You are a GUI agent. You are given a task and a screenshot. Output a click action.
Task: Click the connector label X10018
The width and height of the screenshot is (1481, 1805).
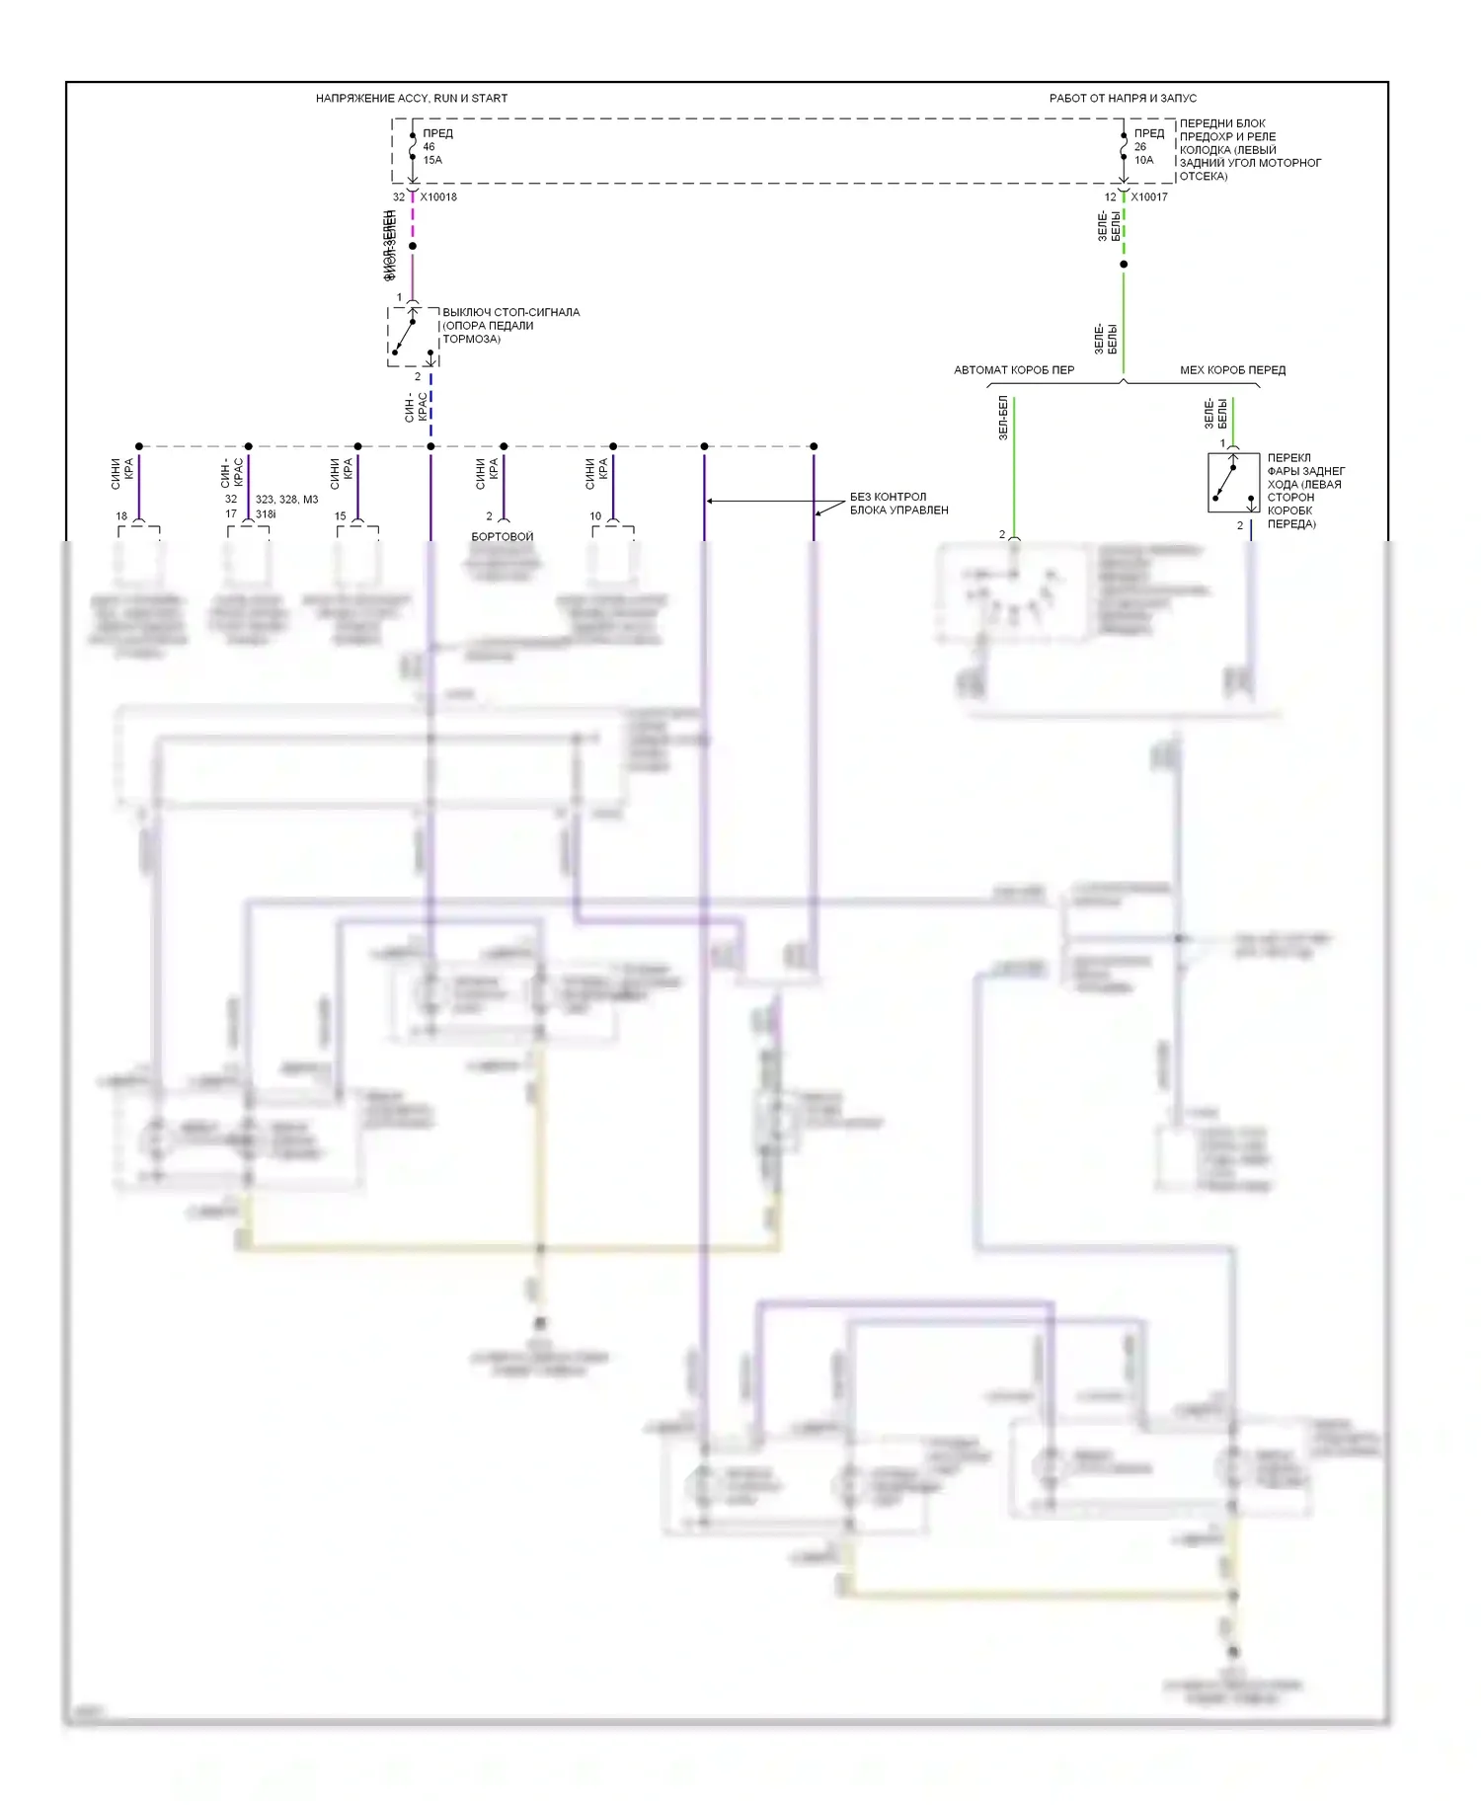(438, 196)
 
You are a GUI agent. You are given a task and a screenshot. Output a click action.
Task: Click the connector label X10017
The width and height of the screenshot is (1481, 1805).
(1149, 196)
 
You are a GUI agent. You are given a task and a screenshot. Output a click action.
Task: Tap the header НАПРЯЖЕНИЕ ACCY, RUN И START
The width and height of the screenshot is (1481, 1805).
(412, 98)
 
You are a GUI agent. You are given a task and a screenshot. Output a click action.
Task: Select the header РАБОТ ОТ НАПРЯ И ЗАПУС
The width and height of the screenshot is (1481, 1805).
(1123, 98)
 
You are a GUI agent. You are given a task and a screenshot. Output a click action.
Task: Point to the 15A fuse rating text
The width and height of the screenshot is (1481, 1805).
(432, 160)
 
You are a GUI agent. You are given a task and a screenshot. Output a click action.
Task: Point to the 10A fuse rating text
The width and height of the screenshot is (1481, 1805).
(1143, 160)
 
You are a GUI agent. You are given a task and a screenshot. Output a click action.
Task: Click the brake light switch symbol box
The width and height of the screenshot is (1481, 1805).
(413, 337)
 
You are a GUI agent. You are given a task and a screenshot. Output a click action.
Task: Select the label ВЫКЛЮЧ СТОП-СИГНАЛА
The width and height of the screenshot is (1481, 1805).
(510, 312)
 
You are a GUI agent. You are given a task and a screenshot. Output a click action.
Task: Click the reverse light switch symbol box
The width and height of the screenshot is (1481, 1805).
(1233, 482)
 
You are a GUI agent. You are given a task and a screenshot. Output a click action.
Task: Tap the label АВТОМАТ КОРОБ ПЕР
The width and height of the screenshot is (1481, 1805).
(1014, 370)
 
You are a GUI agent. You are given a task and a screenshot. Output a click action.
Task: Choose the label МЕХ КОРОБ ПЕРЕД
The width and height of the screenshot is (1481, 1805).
(1232, 370)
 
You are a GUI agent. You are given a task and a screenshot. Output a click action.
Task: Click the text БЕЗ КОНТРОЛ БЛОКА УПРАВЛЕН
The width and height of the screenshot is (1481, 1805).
(898, 504)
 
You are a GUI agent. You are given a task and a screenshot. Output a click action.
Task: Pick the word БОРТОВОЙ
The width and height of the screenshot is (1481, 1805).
(503, 536)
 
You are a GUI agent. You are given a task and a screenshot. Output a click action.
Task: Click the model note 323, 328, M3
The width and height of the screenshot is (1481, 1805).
(286, 500)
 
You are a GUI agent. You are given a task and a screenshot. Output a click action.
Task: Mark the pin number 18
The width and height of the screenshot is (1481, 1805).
(121, 515)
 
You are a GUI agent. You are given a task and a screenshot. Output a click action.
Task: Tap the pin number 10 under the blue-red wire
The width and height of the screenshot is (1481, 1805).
(595, 515)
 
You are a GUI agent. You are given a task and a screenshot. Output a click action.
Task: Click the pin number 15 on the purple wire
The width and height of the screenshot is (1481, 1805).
(341, 515)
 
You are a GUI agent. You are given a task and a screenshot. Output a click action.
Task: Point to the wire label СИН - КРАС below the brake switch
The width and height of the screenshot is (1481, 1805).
(417, 407)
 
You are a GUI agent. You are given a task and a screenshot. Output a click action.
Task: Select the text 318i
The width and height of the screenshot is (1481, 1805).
(266, 514)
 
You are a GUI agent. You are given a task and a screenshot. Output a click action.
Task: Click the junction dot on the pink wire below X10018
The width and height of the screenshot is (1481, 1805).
(413, 246)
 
